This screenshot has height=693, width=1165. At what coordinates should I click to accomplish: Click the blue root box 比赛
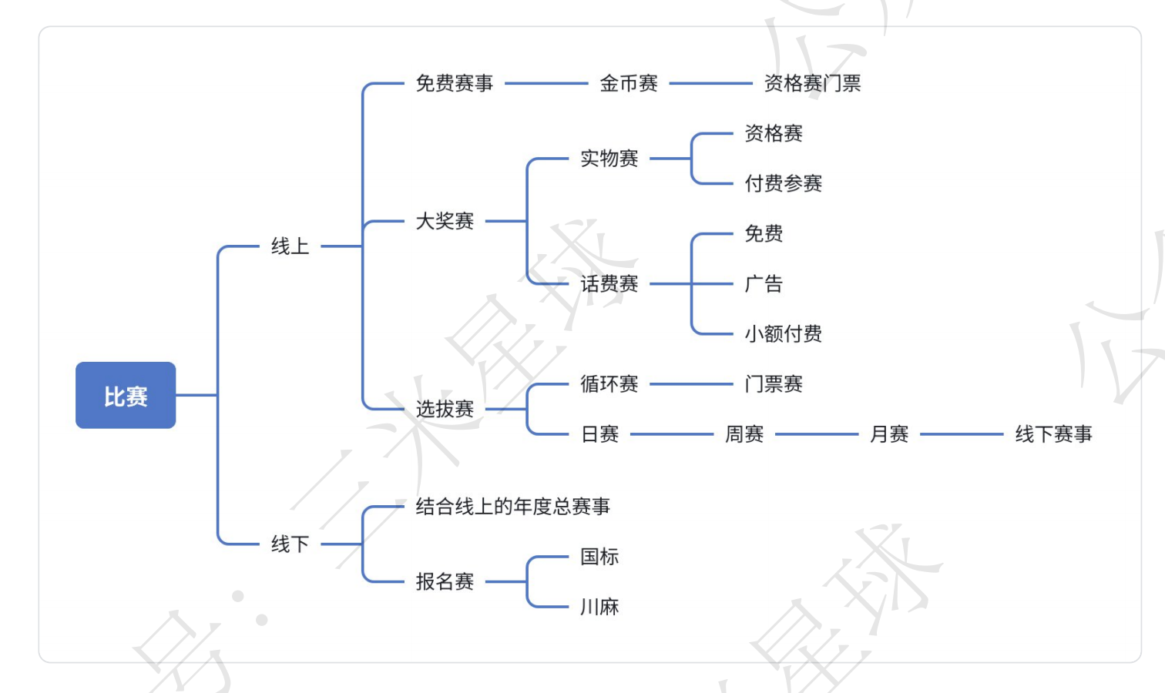[x=126, y=396]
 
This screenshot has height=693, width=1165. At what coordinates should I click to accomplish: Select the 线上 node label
[x=290, y=246]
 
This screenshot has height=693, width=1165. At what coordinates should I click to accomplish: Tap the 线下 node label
[x=290, y=544]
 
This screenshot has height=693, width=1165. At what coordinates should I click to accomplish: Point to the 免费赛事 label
[x=454, y=83]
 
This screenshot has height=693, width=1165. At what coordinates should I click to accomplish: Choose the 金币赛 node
[x=629, y=83]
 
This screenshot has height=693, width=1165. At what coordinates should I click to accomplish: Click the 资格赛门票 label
[x=812, y=83]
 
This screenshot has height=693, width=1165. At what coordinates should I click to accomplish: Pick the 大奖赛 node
[x=445, y=222]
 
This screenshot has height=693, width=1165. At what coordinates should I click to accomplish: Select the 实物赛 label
[x=609, y=159]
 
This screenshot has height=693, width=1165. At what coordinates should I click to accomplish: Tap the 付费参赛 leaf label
[x=783, y=183]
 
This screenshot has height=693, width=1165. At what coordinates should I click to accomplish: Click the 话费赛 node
[x=609, y=284]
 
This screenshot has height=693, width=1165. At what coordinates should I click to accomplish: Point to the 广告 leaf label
[x=764, y=284]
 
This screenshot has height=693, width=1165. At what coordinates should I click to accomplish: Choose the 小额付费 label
[x=783, y=334]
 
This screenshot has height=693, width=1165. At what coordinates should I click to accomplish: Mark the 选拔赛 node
[x=445, y=409]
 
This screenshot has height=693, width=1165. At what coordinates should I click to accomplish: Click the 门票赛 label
[x=774, y=384]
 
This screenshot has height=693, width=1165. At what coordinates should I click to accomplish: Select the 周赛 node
[x=744, y=434]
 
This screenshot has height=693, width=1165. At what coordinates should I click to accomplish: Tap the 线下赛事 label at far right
[x=1053, y=434]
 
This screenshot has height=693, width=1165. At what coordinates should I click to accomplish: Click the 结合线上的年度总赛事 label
[x=512, y=507]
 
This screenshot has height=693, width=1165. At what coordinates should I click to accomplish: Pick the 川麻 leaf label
[x=599, y=607]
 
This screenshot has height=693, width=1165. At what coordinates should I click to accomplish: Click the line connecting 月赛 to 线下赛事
[x=962, y=434]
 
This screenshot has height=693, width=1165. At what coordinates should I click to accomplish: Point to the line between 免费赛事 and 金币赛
[x=546, y=83]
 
